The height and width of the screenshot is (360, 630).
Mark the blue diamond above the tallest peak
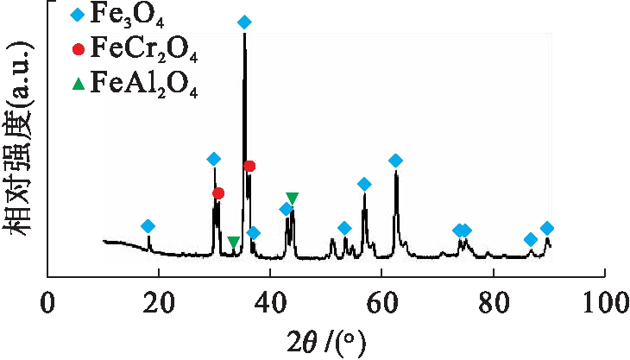(x=244, y=22)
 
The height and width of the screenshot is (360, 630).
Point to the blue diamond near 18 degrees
(x=148, y=226)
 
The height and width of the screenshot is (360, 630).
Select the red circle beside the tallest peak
(x=249, y=166)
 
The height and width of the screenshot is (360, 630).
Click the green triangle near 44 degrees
(x=293, y=199)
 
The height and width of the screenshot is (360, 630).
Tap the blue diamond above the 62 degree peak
(x=395, y=161)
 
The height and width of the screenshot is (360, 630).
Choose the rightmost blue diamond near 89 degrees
(x=546, y=228)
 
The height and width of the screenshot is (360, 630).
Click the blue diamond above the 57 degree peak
(x=364, y=184)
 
